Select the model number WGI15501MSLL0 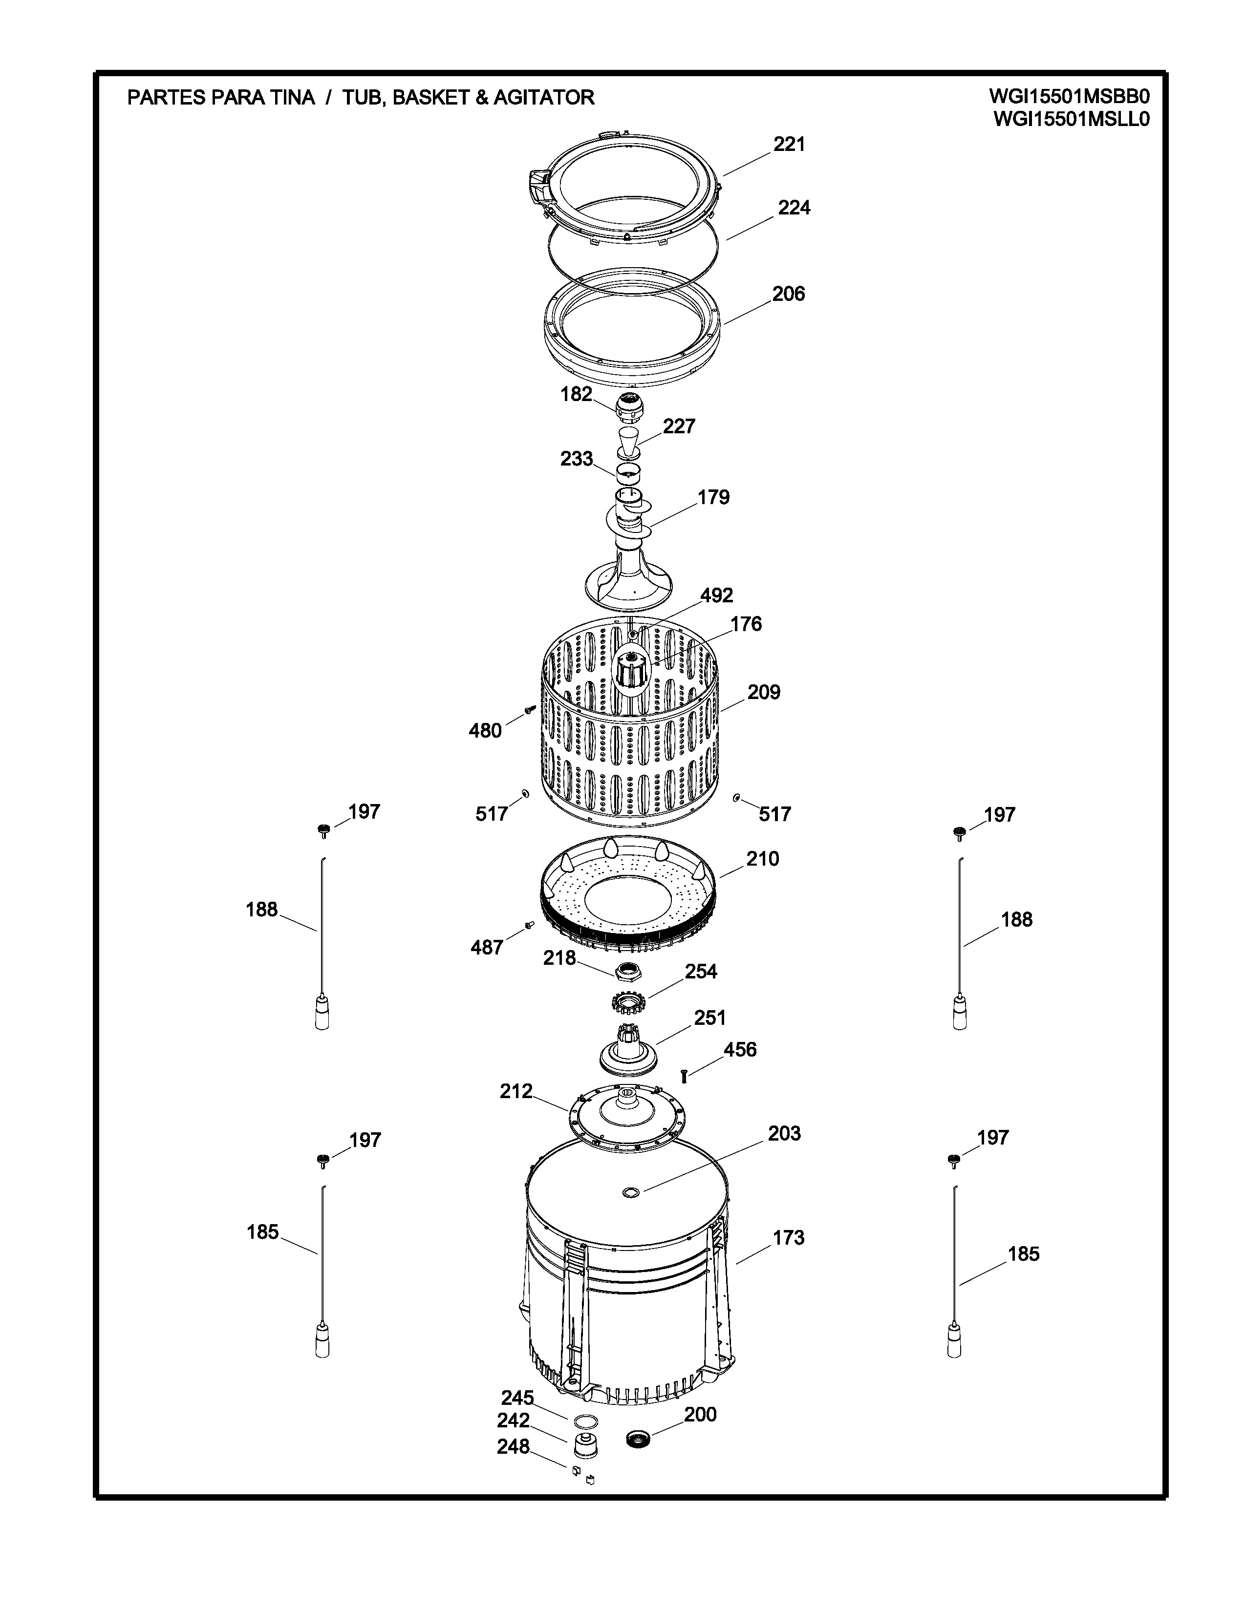point(1072,120)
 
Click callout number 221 point(789,144)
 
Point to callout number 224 point(794,208)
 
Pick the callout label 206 point(788,294)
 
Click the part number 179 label point(713,497)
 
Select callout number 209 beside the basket point(763,692)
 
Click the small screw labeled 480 point(529,709)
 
